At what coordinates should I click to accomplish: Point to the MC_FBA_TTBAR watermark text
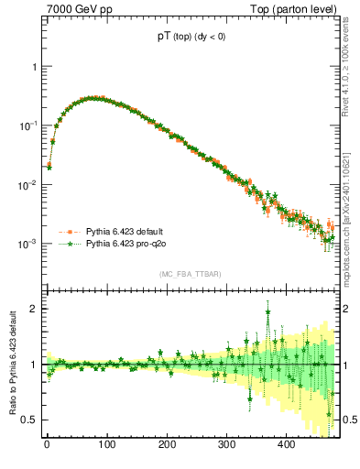[x=190, y=274]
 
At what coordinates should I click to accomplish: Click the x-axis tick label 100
[x=106, y=445]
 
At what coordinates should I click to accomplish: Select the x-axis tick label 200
[x=167, y=445]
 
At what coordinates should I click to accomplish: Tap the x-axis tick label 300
[x=226, y=445]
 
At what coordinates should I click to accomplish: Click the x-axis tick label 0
[x=47, y=445]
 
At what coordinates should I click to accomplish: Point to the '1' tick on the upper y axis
[x=35, y=67]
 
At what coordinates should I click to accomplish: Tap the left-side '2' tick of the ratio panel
[x=35, y=309]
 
